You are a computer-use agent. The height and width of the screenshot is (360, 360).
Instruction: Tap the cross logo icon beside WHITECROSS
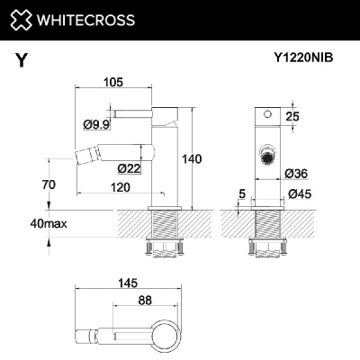[28, 20]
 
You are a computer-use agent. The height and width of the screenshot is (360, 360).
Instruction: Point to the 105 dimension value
[112, 83]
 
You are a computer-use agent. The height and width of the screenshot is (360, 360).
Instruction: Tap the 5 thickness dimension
[242, 192]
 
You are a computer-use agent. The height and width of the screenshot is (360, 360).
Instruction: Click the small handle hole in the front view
[266, 116]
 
